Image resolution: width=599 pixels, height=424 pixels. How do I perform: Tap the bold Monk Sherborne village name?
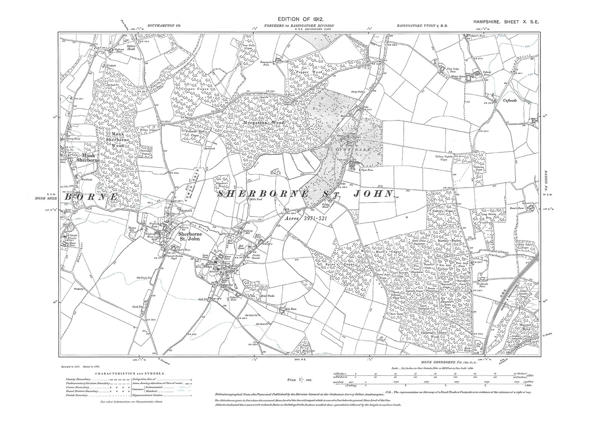pos(85,156)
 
